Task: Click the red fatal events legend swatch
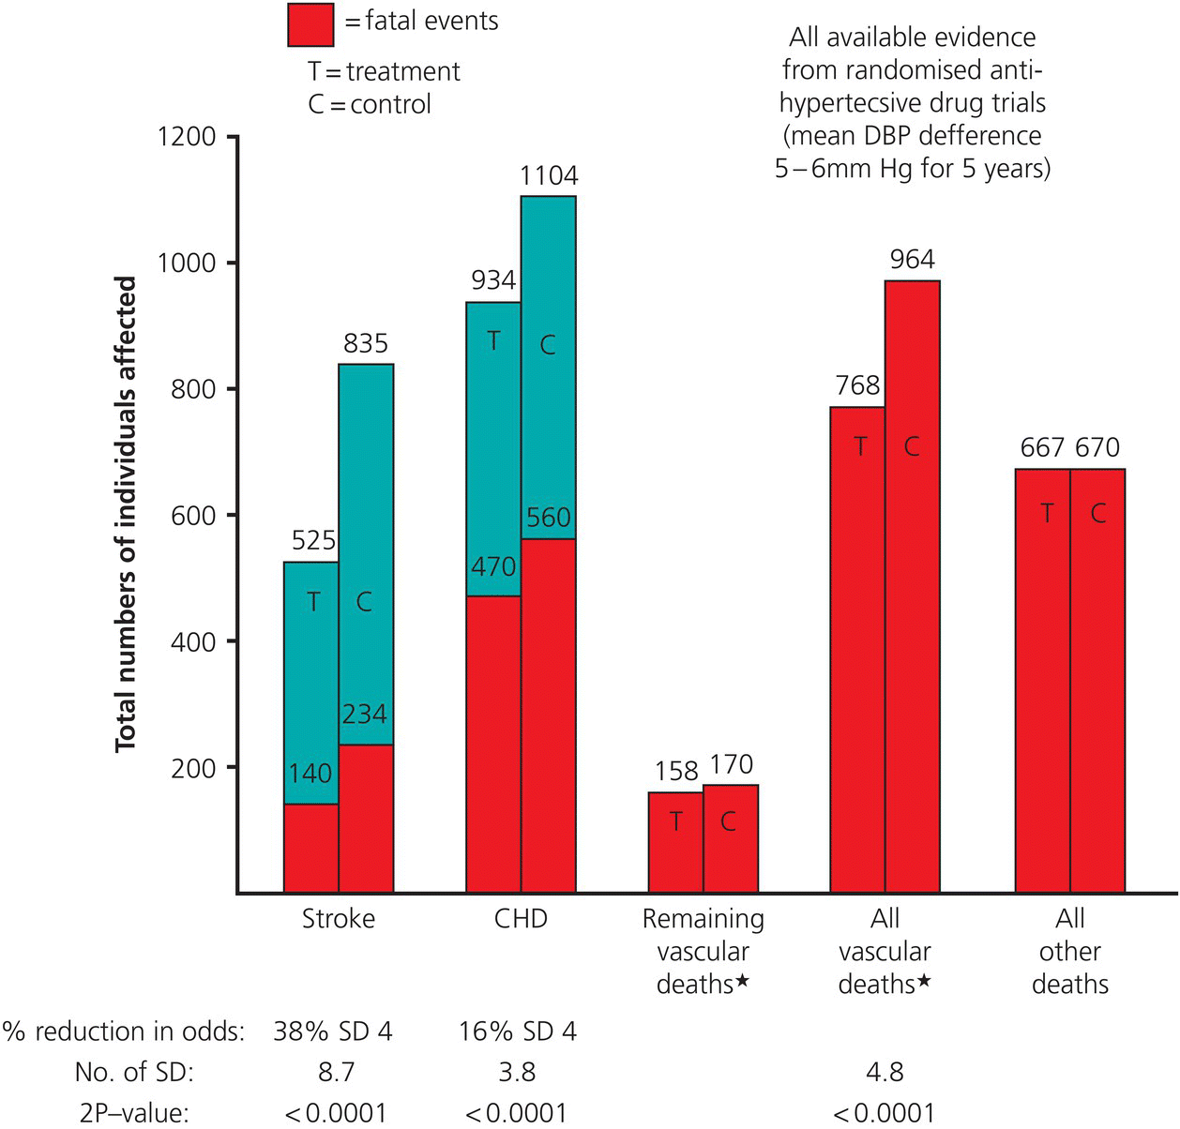(310, 24)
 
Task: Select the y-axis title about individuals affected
(127, 514)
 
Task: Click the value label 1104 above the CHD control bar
(549, 176)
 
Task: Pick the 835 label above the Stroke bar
(366, 344)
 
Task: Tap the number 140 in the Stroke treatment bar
(310, 773)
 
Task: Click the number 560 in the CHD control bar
(549, 518)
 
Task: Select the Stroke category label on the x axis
(339, 919)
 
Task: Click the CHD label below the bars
(521, 919)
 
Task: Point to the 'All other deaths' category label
(1070, 951)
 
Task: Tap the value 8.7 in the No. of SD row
(334, 1072)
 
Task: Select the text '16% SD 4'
(518, 1031)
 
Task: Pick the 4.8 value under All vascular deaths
(885, 1072)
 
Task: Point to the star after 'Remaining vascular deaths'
(743, 982)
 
